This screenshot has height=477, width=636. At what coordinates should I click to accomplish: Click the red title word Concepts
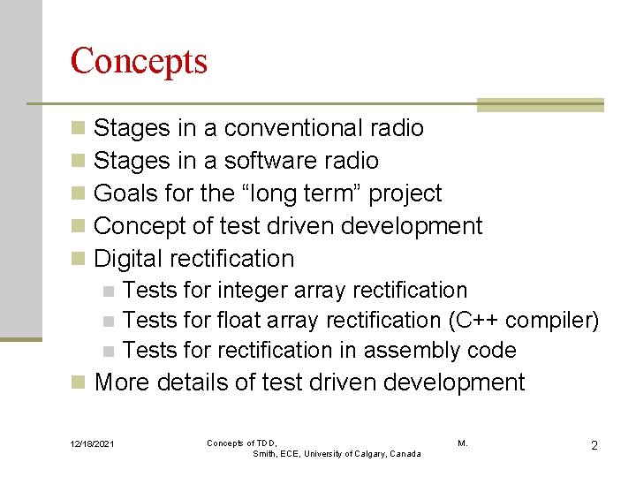(x=139, y=61)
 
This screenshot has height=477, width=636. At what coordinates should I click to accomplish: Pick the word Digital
(x=130, y=259)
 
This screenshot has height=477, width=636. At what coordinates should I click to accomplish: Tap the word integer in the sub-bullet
(x=251, y=291)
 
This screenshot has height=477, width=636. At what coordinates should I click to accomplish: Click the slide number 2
(x=594, y=445)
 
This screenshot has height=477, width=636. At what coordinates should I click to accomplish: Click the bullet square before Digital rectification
(x=79, y=260)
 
